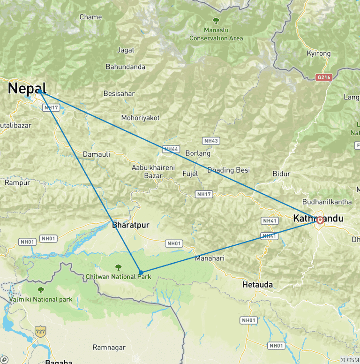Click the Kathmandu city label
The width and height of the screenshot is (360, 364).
coord(317,218)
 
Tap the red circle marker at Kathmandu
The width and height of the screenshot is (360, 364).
coord(320,220)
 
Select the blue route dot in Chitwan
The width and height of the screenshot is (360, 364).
coord(141,272)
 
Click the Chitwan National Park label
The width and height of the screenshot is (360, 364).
coord(118,277)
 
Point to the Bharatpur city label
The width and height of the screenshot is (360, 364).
coord(131,225)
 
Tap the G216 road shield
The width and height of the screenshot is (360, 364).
coord(323,77)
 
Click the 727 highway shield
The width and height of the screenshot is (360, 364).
coord(41,331)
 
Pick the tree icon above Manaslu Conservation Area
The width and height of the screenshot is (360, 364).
coord(216,21)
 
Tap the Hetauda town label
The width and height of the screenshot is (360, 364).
coord(257,285)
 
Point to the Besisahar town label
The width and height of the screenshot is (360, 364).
coord(119,94)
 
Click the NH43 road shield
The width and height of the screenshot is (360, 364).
coord(211,141)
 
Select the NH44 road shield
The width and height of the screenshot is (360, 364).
coord(171,149)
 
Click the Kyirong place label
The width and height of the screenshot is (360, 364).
coord(318,54)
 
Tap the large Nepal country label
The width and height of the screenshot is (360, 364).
coord(27,88)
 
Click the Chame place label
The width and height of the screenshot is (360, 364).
coord(90,17)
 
